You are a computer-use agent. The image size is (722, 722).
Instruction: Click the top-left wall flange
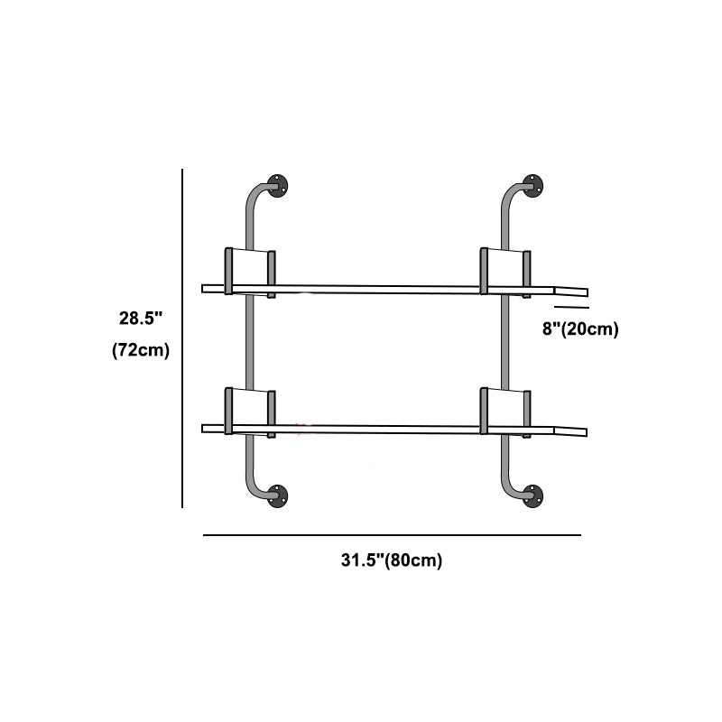pos(278,187)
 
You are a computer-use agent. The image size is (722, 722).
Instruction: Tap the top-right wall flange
pos(533,187)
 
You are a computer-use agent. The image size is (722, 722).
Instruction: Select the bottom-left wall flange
pos(278,495)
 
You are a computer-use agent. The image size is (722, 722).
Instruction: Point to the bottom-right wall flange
pos(533,495)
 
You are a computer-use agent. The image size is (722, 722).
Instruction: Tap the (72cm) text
pos(141,350)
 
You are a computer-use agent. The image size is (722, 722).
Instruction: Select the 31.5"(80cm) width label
pos(392,560)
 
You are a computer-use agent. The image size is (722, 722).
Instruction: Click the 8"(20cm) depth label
pos(580,329)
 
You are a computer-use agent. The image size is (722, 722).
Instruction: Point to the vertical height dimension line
pos(183,338)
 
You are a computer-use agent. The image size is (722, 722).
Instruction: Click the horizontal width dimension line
pos(392,535)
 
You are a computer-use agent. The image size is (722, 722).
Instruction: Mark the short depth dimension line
pos(571,308)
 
